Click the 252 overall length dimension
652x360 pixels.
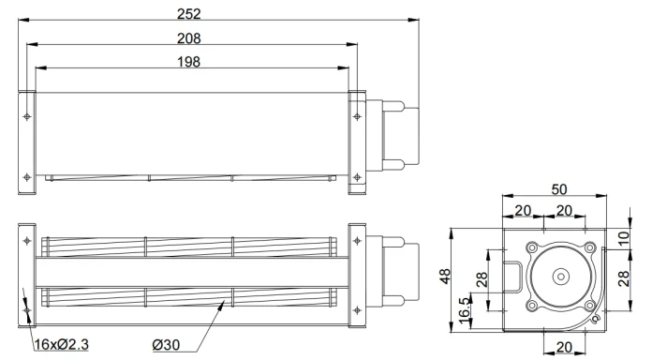click(x=189, y=14)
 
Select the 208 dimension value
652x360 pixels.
click(x=189, y=38)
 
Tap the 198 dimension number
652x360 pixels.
click(x=189, y=62)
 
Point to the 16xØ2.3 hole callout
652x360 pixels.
click(x=62, y=345)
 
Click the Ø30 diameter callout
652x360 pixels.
click(x=166, y=345)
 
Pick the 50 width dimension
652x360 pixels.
click(x=559, y=189)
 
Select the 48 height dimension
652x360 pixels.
click(x=445, y=277)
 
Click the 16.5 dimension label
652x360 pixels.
click(x=464, y=310)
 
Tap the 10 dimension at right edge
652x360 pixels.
click(x=623, y=237)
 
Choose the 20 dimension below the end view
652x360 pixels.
click(x=564, y=347)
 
